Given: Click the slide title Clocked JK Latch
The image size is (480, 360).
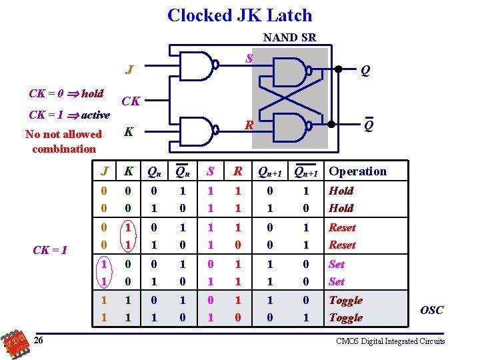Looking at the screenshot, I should pyautogui.click(x=239, y=15).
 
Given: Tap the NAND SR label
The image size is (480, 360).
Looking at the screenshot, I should pyautogui.click(x=289, y=38).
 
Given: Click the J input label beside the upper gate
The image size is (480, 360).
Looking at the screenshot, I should pyautogui.click(x=129, y=69).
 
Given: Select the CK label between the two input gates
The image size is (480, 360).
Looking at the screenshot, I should pyautogui.click(x=131, y=101).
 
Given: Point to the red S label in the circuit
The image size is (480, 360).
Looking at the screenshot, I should pyautogui.click(x=249, y=59).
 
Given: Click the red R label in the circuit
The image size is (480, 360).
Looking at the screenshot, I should pyautogui.click(x=249, y=125).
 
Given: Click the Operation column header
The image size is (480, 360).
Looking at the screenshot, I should pyautogui.click(x=357, y=171).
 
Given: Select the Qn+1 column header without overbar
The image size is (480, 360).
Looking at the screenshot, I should pyautogui.click(x=271, y=172).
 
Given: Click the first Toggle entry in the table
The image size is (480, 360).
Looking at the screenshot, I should pyautogui.click(x=345, y=300).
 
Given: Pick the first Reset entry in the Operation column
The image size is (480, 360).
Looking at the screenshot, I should pyautogui.click(x=342, y=227).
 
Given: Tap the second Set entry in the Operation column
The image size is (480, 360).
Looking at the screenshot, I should pyautogui.click(x=337, y=281).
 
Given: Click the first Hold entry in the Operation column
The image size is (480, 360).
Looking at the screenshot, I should pyautogui.click(x=341, y=191).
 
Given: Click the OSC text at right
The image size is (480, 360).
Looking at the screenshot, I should pyautogui.click(x=431, y=310).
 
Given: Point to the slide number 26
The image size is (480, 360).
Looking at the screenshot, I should pyautogui.click(x=40, y=341).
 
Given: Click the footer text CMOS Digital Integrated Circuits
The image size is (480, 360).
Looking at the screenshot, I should pyautogui.click(x=390, y=341).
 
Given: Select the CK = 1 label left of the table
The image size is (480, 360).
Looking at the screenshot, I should pyautogui.click(x=50, y=250).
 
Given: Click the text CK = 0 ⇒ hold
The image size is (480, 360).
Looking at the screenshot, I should pyautogui.click(x=66, y=94).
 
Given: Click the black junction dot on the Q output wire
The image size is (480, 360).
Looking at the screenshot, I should pyautogui.click(x=338, y=69).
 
